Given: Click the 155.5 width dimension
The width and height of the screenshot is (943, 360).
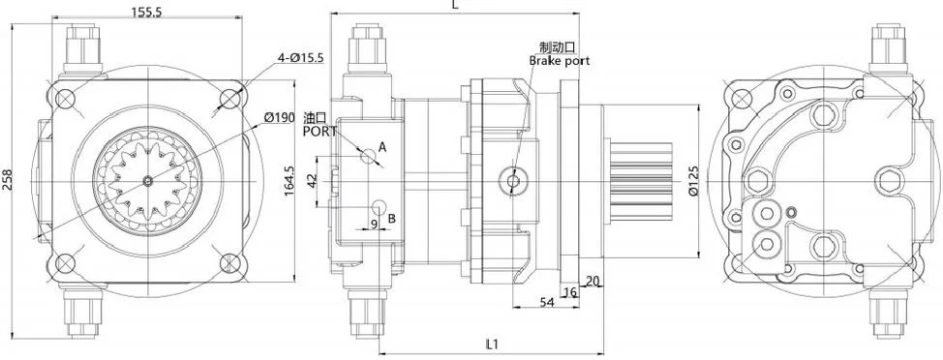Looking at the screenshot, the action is click(x=146, y=12).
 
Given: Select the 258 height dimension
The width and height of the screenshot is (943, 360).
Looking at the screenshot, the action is click(x=8, y=180).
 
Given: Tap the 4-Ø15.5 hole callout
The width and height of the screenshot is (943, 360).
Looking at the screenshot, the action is click(x=301, y=58).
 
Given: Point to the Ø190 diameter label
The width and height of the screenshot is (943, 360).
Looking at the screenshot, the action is click(x=279, y=116).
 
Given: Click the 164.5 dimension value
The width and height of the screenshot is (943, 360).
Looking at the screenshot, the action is click(x=289, y=181).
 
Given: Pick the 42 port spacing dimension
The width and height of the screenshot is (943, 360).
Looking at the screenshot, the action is click(x=312, y=181).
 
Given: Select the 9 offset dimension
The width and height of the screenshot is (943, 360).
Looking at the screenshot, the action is click(x=374, y=224).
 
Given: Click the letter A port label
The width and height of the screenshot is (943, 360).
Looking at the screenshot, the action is click(x=382, y=146).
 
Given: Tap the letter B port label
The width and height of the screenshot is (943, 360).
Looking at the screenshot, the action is click(x=391, y=218).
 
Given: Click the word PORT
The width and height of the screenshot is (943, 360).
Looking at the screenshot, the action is click(x=319, y=131).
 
